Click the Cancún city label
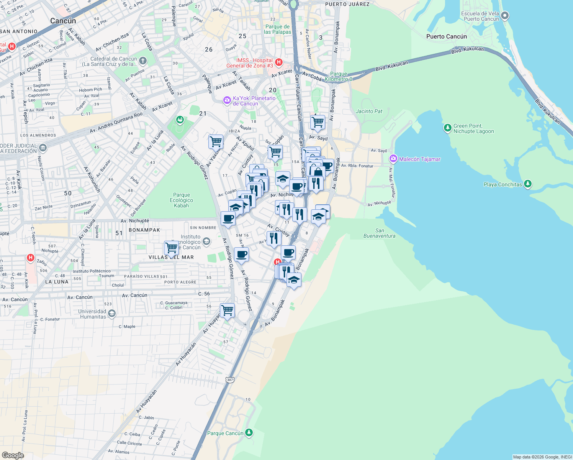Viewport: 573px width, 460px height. click(x=63, y=21)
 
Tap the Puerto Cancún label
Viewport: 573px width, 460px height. click(x=446, y=36)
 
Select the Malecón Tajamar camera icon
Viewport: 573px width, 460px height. click(x=393, y=159)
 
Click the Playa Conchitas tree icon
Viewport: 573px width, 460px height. click(x=528, y=184)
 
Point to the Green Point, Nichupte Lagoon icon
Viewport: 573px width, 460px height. click(x=447, y=128)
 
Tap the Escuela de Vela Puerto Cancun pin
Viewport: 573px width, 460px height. click(x=505, y=16)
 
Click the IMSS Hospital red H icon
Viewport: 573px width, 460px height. click(x=279, y=62)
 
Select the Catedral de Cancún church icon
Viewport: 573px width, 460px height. click(x=142, y=61)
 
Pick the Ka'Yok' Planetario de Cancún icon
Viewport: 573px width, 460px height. click(x=227, y=100)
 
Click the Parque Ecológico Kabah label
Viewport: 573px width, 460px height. click(x=181, y=200)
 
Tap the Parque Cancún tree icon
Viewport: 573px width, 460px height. click(x=249, y=433)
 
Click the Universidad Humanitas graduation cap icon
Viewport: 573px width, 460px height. click(x=111, y=314)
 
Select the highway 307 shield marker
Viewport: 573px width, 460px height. click(x=230, y=379)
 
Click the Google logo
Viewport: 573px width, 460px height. click(x=13, y=455)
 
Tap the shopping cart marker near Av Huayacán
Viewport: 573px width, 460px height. click(x=227, y=310)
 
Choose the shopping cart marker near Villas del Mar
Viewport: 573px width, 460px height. click(x=171, y=247)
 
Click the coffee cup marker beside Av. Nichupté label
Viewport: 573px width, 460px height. click(x=228, y=219)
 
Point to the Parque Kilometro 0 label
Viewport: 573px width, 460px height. click(x=339, y=76)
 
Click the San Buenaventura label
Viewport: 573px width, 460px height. click(x=379, y=233)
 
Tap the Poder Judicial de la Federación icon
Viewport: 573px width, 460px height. click(x=43, y=148)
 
